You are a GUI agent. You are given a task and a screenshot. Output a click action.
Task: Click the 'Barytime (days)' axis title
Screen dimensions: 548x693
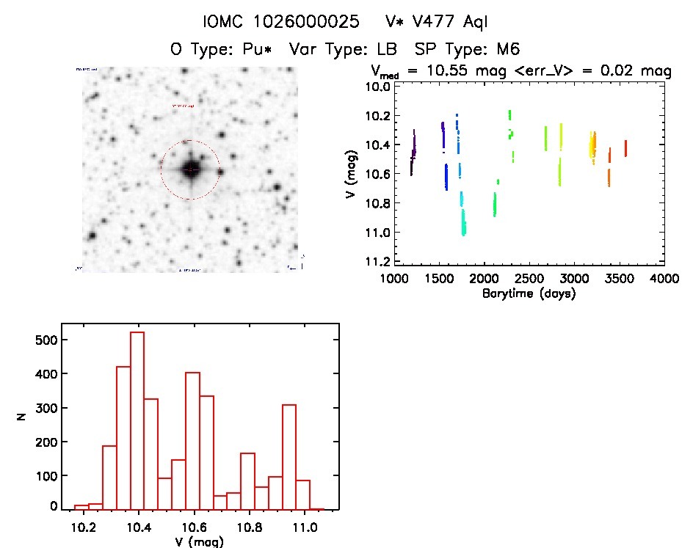click(x=529, y=293)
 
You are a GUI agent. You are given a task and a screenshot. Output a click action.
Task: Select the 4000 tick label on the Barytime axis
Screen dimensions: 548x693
click(x=664, y=280)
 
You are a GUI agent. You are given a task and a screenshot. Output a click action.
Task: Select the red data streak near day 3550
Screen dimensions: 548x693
click(x=625, y=148)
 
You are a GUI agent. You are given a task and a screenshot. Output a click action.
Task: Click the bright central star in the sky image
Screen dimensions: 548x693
click(x=190, y=169)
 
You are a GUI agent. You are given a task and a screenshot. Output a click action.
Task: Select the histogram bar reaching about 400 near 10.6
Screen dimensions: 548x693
click(x=192, y=440)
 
